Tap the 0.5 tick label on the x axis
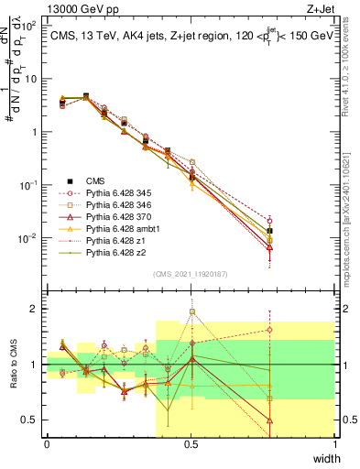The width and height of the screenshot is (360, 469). tap(191, 444)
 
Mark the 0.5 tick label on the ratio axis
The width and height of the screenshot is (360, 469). tap(31, 420)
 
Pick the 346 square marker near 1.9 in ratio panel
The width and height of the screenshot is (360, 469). tap(192, 311)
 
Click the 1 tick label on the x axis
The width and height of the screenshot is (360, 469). tap(335, 444)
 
